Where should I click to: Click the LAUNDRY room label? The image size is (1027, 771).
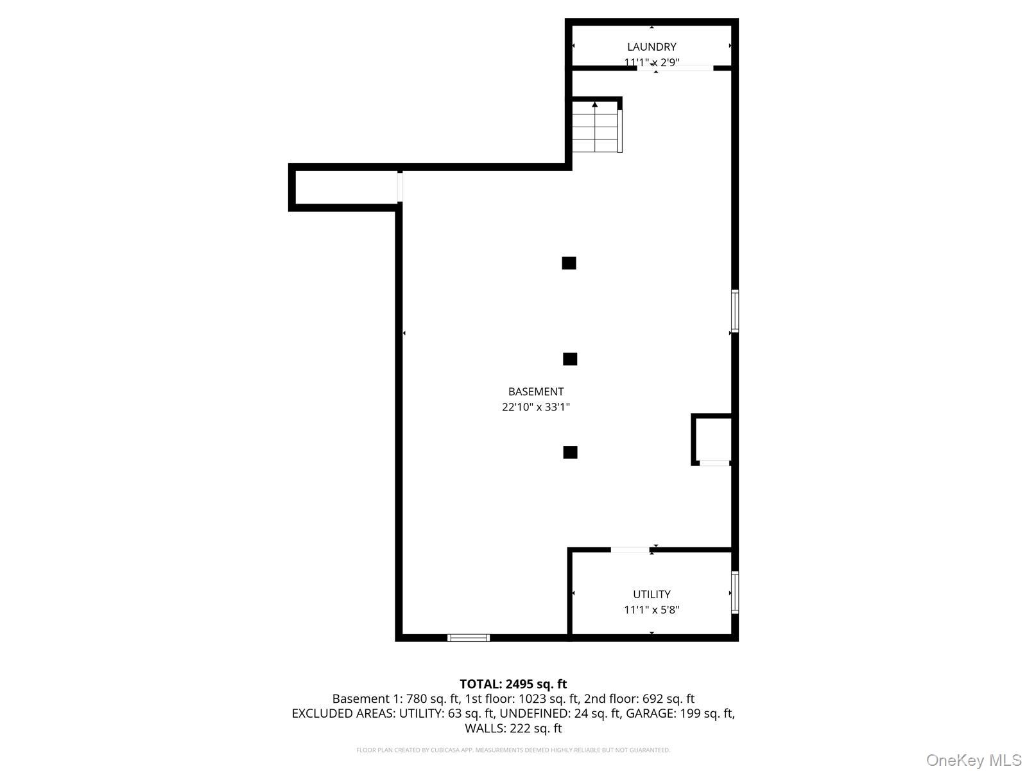(x=652, y=47)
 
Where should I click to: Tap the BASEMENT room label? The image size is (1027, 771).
(x=536, y=391)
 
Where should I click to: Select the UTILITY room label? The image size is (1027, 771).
(x=652, y=594)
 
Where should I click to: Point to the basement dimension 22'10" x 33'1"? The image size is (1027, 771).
(x=536, y=407)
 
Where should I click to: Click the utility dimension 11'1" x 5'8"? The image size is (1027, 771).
(x=652, y=610)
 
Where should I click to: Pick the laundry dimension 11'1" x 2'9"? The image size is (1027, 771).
(x=652, y=62)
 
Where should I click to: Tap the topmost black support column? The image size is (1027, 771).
(x=569, y=263)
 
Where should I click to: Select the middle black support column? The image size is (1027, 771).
(x=570, y=359)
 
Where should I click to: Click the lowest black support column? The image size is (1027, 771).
(x=570, y=452)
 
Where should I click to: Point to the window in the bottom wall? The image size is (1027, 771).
(x=469, y=637)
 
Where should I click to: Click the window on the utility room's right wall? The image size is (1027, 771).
(x=735, y=592)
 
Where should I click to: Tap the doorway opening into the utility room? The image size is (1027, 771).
(x=630, y=549)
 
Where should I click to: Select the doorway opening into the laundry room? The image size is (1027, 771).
(x=675, y=67)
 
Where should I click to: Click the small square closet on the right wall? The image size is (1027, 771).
(x=712, y=439)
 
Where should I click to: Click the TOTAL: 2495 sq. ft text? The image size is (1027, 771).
(x=513, y=684)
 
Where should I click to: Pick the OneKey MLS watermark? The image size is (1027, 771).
(x=974, y=761)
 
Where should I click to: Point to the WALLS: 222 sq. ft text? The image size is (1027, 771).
(x=513, y=729)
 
